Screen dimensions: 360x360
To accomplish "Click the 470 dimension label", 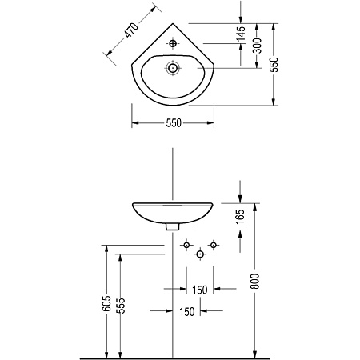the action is point(132,30).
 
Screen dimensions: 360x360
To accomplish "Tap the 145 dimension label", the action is point(242,34).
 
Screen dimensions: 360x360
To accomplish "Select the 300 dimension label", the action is point(258,46).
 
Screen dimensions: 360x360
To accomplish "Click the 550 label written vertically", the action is point(274,65).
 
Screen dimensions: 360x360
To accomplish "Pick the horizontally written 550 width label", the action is point(174,123).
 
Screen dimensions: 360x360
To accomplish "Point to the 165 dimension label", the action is point(241,217).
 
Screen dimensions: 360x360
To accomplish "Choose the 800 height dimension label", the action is point(255,281).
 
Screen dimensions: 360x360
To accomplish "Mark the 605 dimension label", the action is point(106,303).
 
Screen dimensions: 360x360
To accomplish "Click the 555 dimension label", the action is point(121,306).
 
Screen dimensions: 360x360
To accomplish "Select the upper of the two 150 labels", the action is point(200,290).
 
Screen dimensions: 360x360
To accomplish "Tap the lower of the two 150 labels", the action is point(186,311).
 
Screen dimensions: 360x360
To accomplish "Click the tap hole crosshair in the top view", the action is point(173,43).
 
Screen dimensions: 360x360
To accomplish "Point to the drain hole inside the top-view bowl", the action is point(173,68).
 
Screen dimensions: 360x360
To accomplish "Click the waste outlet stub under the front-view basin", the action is point(173,226).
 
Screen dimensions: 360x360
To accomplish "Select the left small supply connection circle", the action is point(186,245).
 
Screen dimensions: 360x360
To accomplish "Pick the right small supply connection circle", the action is point(214,245).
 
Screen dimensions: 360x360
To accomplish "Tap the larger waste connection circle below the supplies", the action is point(200,254).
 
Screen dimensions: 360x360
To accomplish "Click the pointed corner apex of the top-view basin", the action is point(173,24).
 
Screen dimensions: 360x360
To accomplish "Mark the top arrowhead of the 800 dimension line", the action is point(255,206).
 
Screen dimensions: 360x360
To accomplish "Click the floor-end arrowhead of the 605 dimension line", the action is point(106,354).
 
